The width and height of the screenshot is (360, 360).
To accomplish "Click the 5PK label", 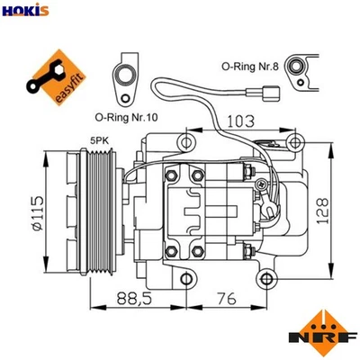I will (97, 140).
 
